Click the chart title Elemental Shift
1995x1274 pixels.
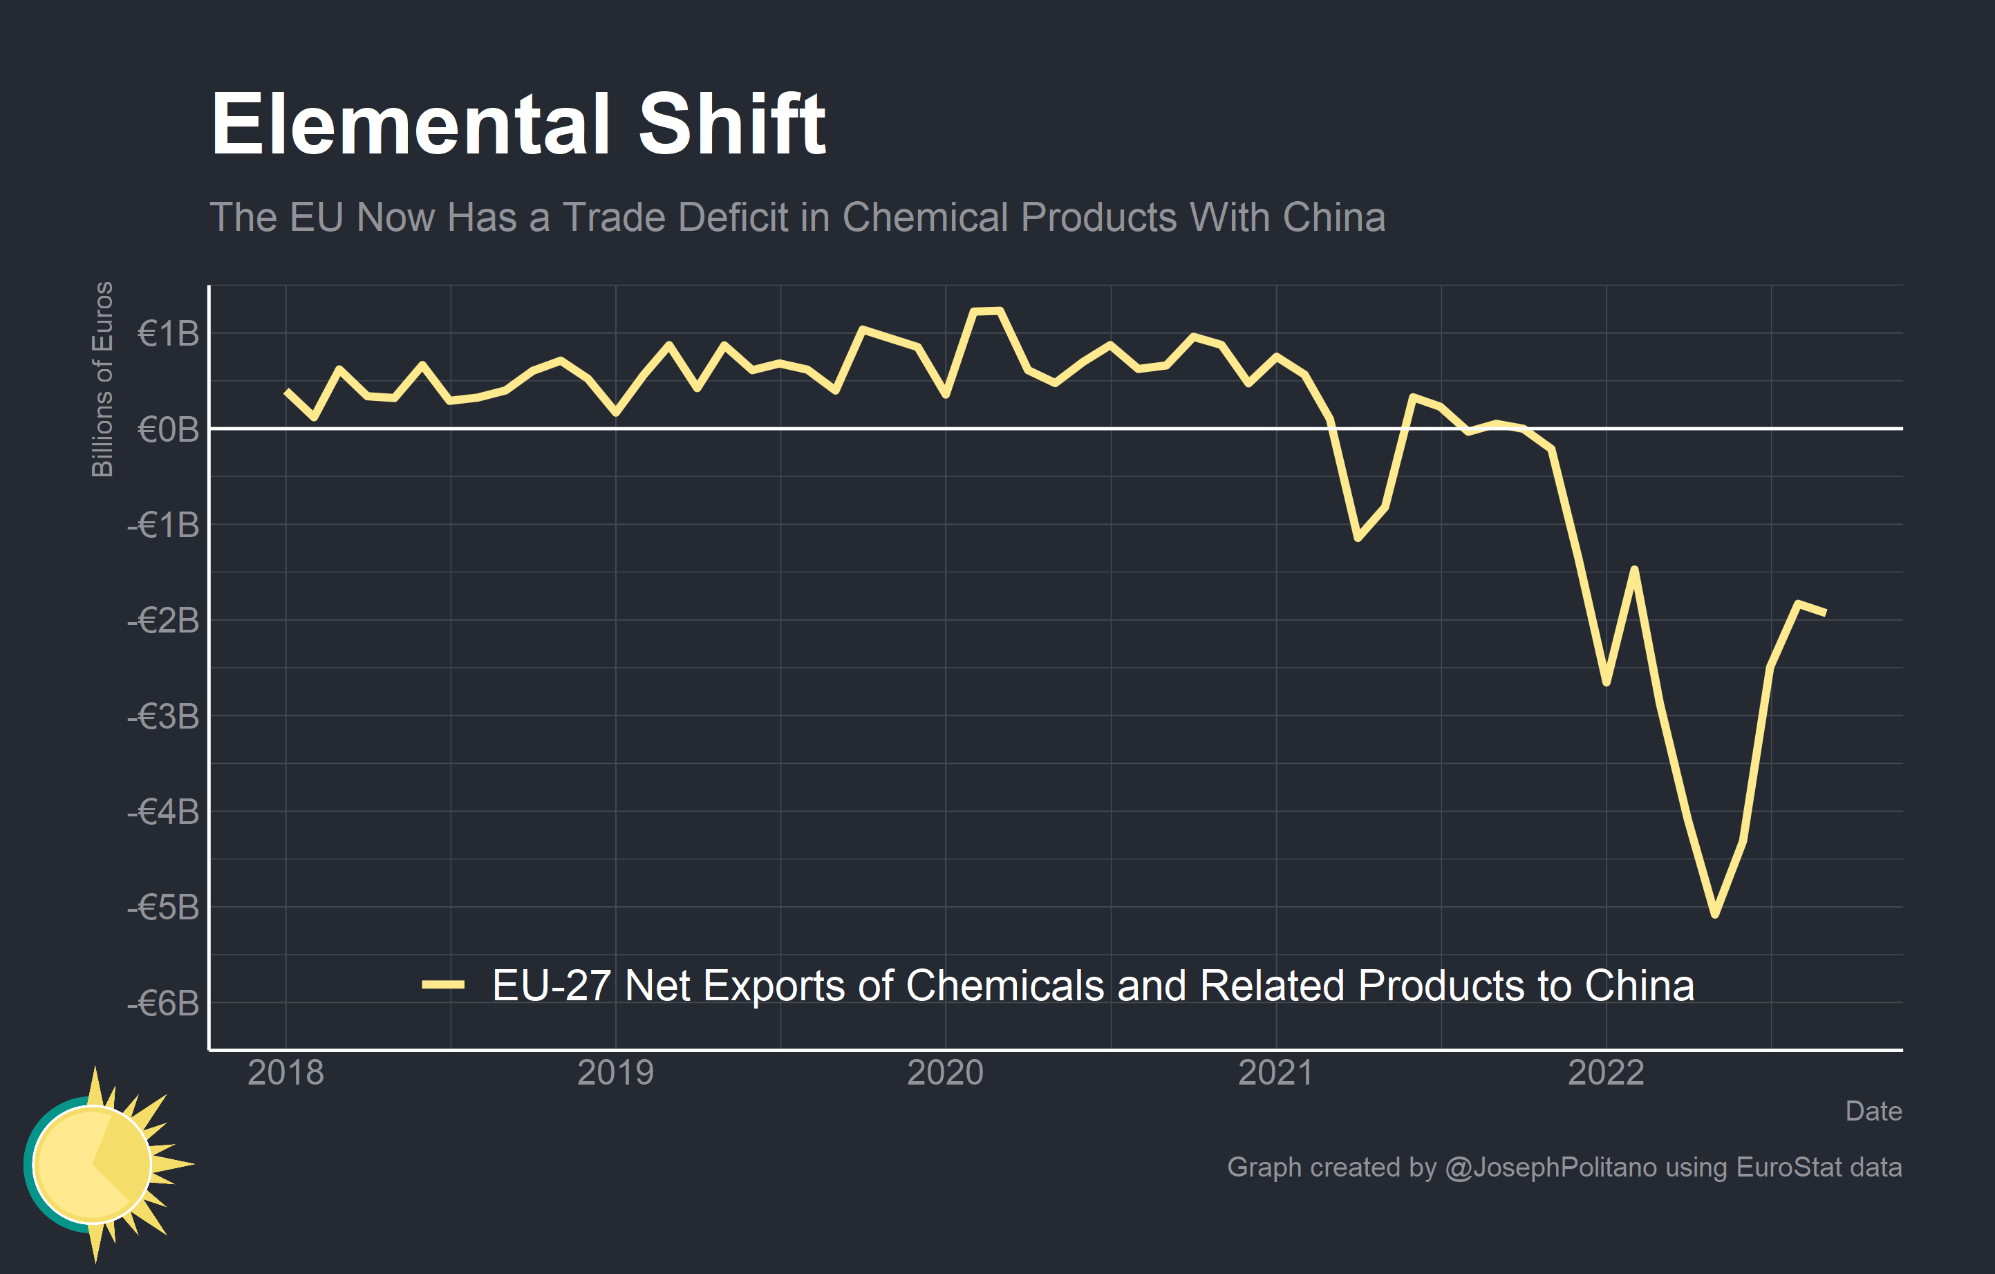click(x=518, y=124)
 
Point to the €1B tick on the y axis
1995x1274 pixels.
click(x=168, y=334)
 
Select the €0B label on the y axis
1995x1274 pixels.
click(x=168, y=429)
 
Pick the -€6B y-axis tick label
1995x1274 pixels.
click(x=163, y=1003)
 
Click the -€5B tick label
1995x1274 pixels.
click(x=163, y=908)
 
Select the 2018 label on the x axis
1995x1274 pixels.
click(x=285, y=1073)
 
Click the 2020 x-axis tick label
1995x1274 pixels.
click(x=945, y=1073)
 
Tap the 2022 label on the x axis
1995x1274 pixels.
click(x=1606, y=1073)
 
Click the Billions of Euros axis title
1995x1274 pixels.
click(x=102, y=380)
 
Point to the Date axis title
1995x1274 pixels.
click(x=1873, y=1111)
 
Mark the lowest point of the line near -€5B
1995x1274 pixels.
click(x=1715, y=915)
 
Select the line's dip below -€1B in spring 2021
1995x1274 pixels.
click(x=1358, y=538)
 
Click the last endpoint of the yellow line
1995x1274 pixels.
click(x=1825, y=613)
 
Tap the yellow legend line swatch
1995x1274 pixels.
click(x=443, y=985)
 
